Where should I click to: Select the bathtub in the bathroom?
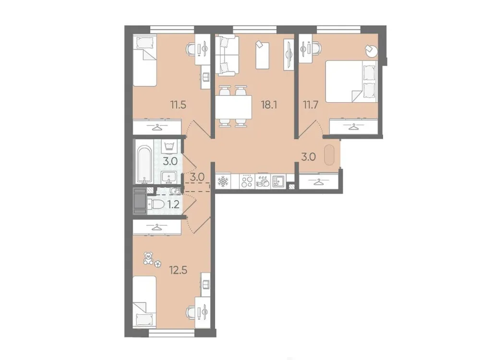tap(144, 163)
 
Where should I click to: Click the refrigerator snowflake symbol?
tap(224, 181)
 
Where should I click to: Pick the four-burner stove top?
tap(247, 181)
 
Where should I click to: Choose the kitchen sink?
tap(278, 181)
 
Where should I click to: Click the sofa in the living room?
tap(225, 56)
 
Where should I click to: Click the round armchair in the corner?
tap(371, 50)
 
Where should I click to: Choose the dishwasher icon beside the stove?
tap(263, 181)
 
